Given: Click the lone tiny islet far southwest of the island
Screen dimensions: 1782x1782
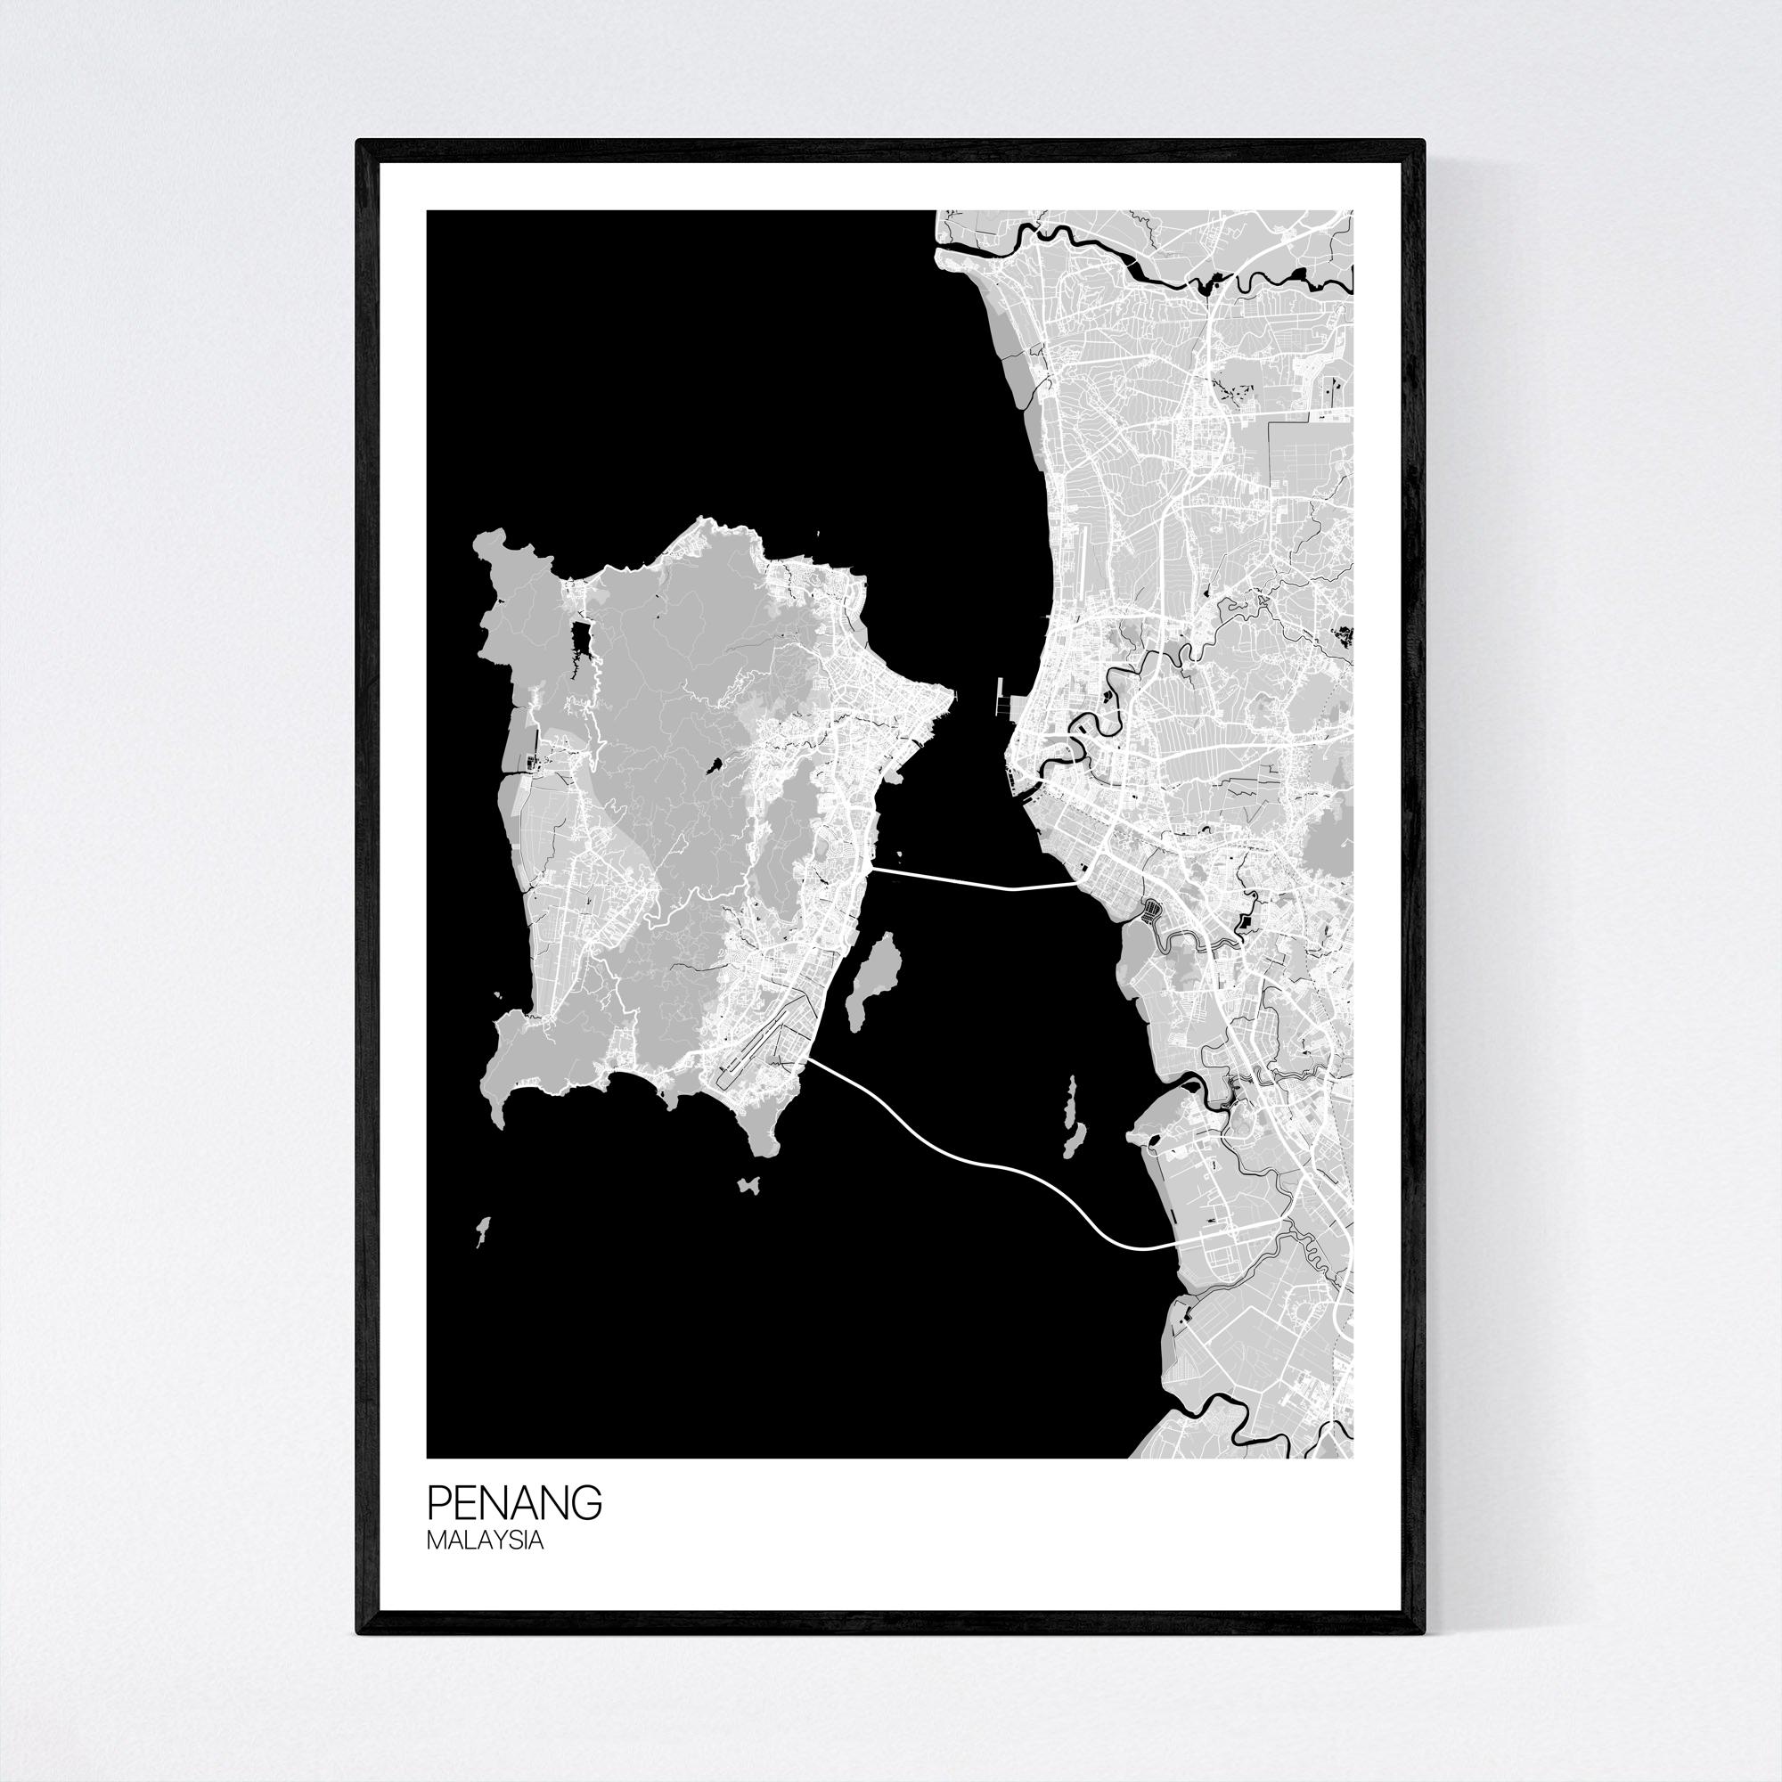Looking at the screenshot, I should (x=480, y=1230).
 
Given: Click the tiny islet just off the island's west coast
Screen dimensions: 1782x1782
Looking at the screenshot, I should (x=498, y=995).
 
